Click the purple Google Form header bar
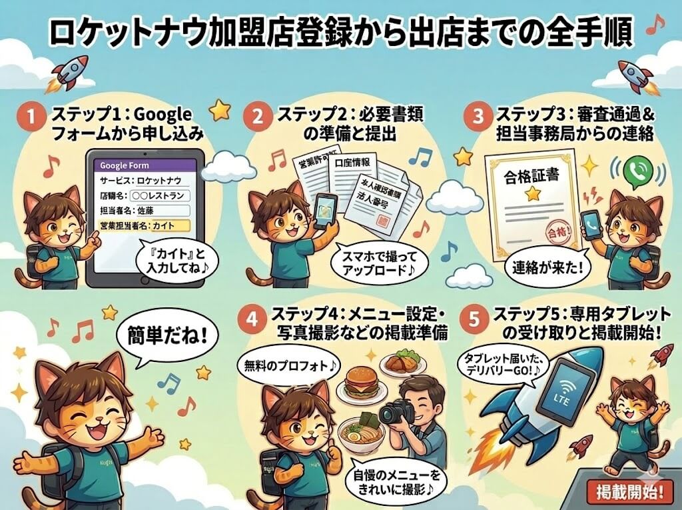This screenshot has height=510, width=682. pyautogui.click(x=147, y=165)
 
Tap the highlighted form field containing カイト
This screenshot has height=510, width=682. pyautogui.click(x=147, y=226)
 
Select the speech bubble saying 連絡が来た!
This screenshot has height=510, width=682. pyautogui.click(x=537, y=269)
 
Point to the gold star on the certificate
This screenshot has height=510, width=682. pyautogui.click(x=531, y=194)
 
